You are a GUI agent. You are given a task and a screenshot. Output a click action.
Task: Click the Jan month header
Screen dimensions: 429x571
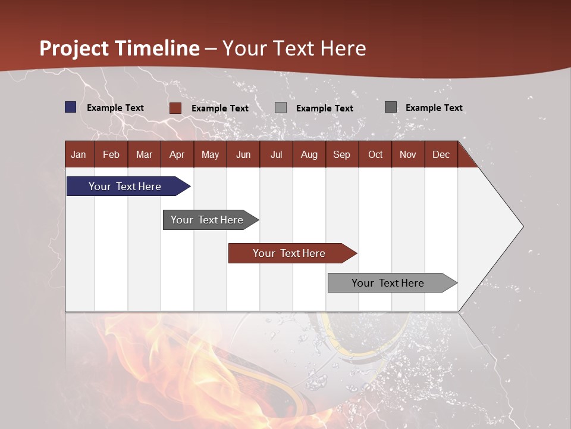(79, 155)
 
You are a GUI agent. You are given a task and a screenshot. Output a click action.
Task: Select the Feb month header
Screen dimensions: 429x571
(111, 155)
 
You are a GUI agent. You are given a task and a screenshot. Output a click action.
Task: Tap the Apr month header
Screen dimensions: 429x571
(177, 155)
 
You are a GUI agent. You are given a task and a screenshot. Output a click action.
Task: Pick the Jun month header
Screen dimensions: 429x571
(243, 155)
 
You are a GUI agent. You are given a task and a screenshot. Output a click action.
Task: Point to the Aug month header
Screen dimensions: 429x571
(309, 155)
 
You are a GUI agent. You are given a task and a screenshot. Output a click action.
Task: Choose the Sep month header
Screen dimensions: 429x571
(341, 155)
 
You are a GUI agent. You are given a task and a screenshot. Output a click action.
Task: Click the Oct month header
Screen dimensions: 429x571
(375, 155)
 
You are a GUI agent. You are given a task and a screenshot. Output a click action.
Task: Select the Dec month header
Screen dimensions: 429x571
(441, 155)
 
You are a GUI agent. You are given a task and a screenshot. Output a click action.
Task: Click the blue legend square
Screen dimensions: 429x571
(71, 107)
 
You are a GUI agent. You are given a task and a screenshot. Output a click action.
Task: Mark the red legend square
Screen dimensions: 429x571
(175, 108)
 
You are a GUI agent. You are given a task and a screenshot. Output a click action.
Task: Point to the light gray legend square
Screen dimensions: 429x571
(281, 108)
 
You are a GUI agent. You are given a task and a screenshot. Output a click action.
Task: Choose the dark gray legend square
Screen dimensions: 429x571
(391, 107)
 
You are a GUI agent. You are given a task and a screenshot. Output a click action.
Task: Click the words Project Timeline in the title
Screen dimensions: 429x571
(120, 48)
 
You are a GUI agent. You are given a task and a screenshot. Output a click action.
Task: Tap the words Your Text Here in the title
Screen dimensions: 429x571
(294, 48)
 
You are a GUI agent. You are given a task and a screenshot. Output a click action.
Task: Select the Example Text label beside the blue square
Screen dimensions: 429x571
(115, 108)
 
